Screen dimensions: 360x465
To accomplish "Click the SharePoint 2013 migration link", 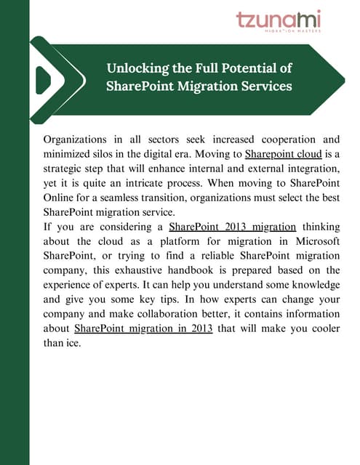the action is point(232,247).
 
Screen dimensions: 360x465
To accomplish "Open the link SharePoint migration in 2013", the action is point(144,329).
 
